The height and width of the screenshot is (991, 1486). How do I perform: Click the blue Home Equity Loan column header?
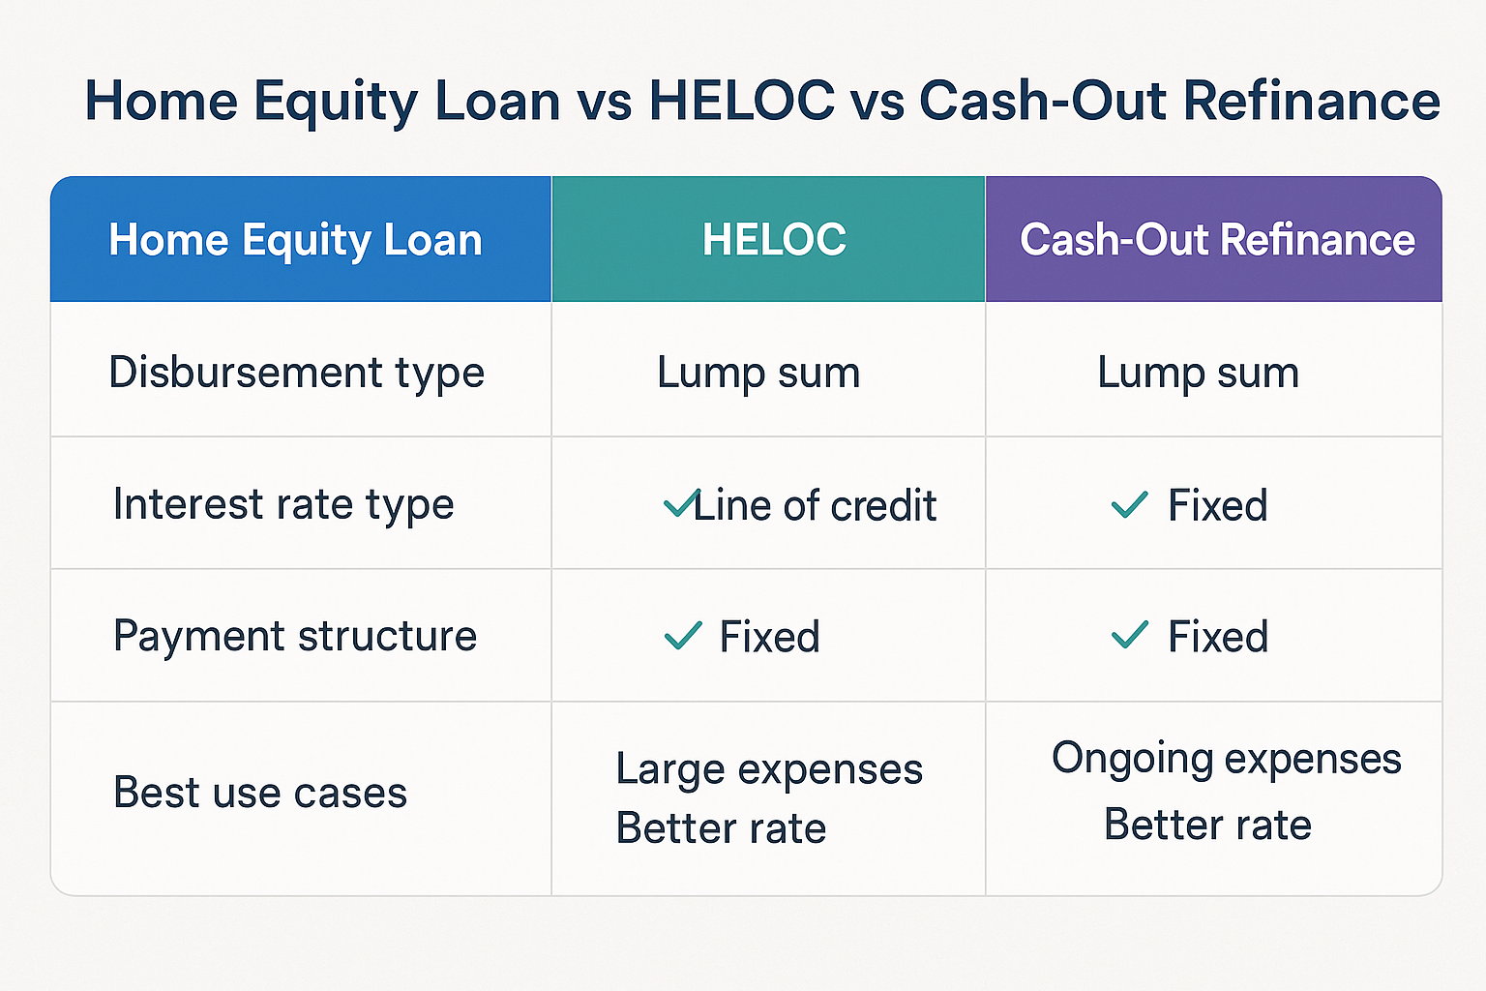click(295, 240)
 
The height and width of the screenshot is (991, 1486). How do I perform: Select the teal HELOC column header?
click(774, 240)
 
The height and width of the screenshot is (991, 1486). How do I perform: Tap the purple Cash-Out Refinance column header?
click(1217, 240)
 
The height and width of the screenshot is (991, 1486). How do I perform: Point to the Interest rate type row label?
click(283, 505)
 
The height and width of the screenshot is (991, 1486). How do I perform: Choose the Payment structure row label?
click(295, 637)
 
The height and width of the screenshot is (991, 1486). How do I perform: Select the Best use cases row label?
click(260, 794)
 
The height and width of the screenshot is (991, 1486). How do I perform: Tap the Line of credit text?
click(815, 506)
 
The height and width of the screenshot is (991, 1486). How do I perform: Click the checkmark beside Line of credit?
click(680, 503)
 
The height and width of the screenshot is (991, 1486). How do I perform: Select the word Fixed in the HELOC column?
click(769, 638)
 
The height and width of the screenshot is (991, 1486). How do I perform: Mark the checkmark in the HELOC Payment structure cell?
click(683, 636)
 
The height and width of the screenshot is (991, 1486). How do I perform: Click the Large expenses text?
click(769, 770)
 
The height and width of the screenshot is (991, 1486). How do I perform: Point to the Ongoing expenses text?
click(1226, 759)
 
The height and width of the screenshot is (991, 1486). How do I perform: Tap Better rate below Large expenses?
click(721, 829)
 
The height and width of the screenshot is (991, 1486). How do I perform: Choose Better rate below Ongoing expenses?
click(1207, 826)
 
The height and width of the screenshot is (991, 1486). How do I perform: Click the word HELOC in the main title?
click(741, 101)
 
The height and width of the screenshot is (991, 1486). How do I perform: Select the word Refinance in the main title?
click(1312, 101)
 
